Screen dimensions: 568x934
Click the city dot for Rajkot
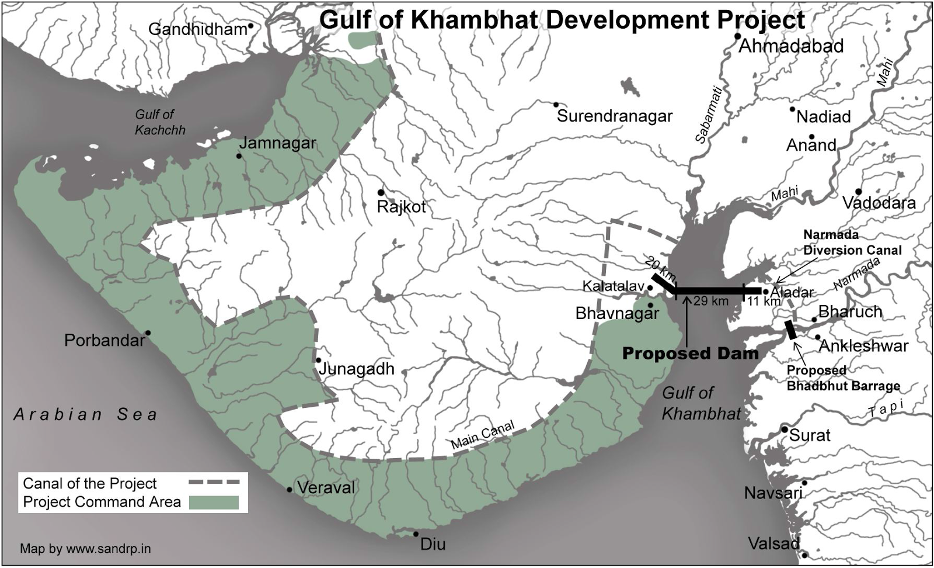click(381, 192)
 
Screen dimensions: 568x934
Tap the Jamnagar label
click(277, 143)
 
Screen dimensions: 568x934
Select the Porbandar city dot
click(148, 333)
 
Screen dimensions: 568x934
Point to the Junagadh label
click(356, 369)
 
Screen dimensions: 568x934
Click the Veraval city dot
click(290, 489)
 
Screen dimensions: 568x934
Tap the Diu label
click(433, 544)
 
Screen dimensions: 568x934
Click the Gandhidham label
click(198, 29)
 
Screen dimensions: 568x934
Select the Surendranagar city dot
click(556, 105)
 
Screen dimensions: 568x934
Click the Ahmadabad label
click(791, 46)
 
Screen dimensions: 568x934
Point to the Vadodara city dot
click(859, 192)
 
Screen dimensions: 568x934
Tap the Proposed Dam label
click(690, 354)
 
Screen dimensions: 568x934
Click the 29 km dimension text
click(711, 302)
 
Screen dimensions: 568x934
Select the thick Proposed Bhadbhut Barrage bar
click(790, 330)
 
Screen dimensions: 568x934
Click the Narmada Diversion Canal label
click(852, 243)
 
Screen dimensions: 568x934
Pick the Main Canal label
click(482, 435)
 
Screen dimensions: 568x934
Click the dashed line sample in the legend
click(214, 482)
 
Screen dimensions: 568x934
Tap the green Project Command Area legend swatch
click(214, 502)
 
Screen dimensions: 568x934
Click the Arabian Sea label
click(86, 414)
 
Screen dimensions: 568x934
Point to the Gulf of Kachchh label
click(159, 122)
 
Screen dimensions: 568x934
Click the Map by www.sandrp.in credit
click(85, 549)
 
